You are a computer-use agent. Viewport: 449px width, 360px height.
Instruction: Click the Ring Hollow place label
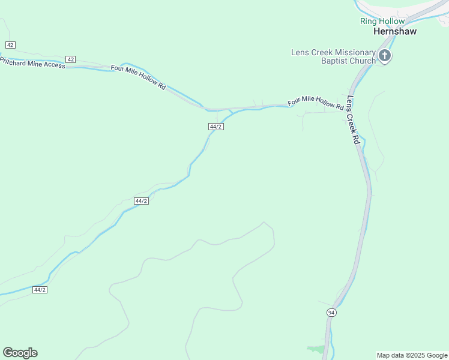coord(382,21)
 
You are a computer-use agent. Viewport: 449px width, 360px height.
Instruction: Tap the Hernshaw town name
coord(394,31)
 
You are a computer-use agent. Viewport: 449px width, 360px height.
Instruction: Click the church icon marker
coord(385,57)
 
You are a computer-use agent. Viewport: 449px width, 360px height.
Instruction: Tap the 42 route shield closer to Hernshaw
coord(71,59)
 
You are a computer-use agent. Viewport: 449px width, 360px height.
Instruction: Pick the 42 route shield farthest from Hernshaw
coord(10,45)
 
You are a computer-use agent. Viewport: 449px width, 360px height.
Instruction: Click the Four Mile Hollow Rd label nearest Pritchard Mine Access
coord(137,77)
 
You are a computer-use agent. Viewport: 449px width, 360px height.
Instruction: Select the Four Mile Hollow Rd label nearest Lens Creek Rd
coord(316,103)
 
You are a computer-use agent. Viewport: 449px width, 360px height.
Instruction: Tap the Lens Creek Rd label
coord(352,120)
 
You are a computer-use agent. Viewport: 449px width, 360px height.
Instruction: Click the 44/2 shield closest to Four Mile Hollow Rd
coord(216,127)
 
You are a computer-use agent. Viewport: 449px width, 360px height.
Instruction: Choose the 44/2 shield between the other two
coord(141,201)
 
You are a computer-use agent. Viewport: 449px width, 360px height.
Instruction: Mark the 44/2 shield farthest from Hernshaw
coord(40,290)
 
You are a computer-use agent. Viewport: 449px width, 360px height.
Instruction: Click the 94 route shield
coord(332,313)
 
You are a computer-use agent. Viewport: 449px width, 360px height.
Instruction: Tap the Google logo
coord(20,353)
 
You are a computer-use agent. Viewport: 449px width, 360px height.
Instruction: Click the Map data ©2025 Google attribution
coord(412,355)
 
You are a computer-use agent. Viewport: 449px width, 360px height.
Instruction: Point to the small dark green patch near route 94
coord(316,349)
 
